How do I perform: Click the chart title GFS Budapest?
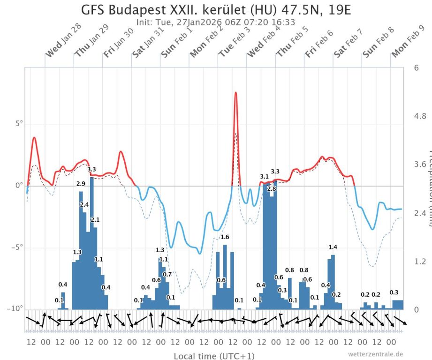216,10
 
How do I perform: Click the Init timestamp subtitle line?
216,22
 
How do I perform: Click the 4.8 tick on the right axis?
420,116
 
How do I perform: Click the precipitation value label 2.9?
81,183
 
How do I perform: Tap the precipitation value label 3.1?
265,176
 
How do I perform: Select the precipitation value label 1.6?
225,237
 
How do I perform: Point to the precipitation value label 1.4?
333,247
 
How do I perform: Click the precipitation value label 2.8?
272,188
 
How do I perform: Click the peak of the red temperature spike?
236,92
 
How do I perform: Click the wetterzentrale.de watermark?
375,354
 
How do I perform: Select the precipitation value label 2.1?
95,219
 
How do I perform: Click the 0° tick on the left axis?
17,186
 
